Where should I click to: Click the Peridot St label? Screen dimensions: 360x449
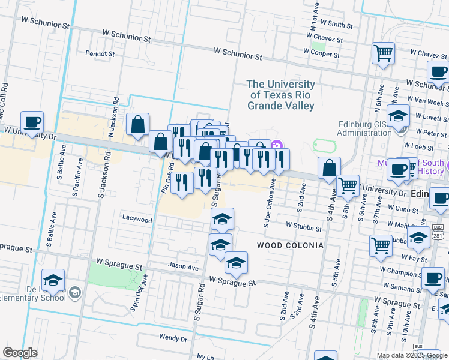pyautogui.click(x=100, y=53)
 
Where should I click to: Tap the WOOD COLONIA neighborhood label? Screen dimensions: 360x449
pyautogui.click(x=290, y=245)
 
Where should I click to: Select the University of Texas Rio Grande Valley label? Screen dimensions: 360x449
pyautogui.click(x=281, y=95)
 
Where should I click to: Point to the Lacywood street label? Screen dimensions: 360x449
pyautogui.click(x=137, y=219)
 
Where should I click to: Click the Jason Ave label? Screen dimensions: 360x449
pyautogui.click(x=184, y=266)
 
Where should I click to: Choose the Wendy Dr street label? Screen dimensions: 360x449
pyautogui.click(x=173, y=338)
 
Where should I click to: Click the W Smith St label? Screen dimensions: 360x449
pyautogui.click(x=337, y=24)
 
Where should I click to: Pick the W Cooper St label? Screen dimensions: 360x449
pyautogui.click(x=321, y=54)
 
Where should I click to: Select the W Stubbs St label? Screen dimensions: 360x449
pyautogui.click(x=304, y=226)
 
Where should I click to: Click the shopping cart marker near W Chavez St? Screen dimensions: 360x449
pyautogui.click(x=383, y=53)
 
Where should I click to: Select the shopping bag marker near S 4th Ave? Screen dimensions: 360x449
pyautogui.click(x=329, y=168)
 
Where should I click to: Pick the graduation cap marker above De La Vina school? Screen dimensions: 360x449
pyautogui.click(x=53, y=280)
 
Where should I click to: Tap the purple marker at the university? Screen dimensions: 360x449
pyautogui.click(x=277, y=145)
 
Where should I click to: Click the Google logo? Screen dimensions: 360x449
pyautogui.click(x=20, y=353)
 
